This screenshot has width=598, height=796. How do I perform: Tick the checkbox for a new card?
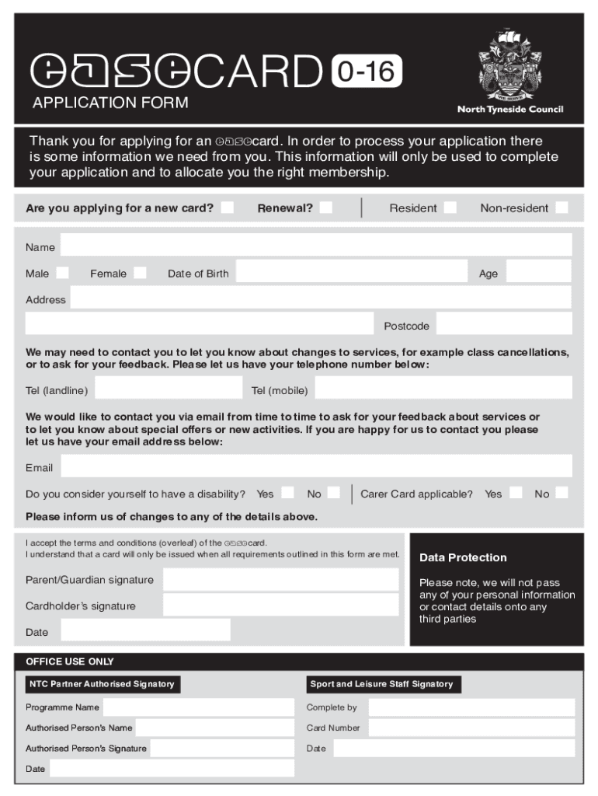click(x=227, y=208)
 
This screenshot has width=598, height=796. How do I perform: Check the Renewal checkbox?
click(x=326, y=208)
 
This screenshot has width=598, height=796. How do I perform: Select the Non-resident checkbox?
click(x=561, y=208)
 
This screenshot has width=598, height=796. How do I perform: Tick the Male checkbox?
click(x=62, y=273)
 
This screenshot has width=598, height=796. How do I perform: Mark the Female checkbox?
click(x=140, y=273)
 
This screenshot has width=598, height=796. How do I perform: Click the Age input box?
click(x=538, y=271)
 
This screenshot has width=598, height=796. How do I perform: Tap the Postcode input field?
click(x=504, y=323)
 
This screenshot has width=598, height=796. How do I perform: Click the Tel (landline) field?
click(x=168, y=388)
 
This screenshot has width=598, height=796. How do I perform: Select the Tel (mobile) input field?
click(x=443, y=388)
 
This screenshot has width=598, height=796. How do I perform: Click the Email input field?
click(x=316, y=466)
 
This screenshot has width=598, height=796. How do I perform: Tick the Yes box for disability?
click(x=288, y=493)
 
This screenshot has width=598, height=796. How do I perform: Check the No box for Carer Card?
click(x=561, y=493)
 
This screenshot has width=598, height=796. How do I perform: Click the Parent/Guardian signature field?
click(x=280, y=580)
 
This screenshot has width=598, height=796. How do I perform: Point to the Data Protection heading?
click(x=463, y=557)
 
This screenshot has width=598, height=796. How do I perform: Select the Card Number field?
click(x=471, y=728)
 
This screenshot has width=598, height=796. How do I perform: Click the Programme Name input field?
click(x=198, y=707)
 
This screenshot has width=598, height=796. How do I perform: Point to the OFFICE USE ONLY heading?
click(x=70, y=662)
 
